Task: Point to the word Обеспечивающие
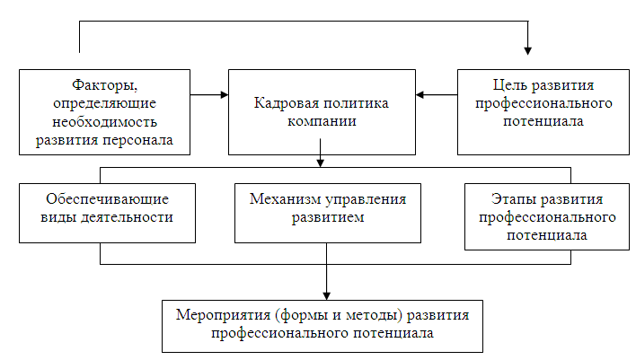[x=107, y=198]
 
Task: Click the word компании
[x=322, y=121]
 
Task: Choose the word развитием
[x=327, y=216]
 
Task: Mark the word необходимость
[x=105, y=121]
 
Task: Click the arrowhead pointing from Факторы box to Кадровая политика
[x=222, y=93]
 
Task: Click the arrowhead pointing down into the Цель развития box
[x=528, y=50]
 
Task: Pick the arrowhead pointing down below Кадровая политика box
[x=322, y=163]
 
